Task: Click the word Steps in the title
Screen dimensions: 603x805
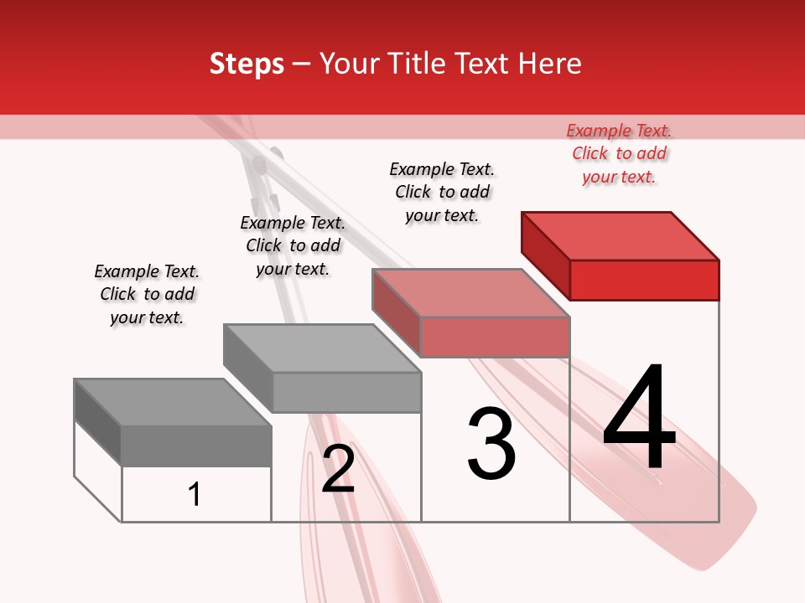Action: click(x=247, y=64)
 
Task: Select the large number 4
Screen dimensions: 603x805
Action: click(x=639, y=419)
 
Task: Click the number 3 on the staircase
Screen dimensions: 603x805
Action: click(x=491, y=444)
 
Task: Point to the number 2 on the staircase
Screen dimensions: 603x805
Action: click(x=339, y=469)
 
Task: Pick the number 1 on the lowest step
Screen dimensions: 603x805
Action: click(x=195, y=494)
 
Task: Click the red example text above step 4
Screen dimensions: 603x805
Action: click(x=619, y=153)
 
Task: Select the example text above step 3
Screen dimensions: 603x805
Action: click(x=442, y=192)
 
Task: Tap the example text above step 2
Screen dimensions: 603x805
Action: click(x=293, y=245)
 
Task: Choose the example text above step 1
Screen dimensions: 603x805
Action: click(x=147, y=294)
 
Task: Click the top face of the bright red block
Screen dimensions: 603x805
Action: click(x=621, y=236)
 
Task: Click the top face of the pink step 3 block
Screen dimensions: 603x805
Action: click(x=471, y=293)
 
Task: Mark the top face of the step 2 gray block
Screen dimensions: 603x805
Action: click(x=322, y=348)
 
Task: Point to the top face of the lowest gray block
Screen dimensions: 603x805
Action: click(x=173, y=402)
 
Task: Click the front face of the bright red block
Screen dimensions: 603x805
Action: click(x=644, y=280)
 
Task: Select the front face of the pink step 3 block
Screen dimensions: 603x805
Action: click(x=495, y=337)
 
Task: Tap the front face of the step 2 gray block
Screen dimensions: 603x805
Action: click(x=346, y=392)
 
